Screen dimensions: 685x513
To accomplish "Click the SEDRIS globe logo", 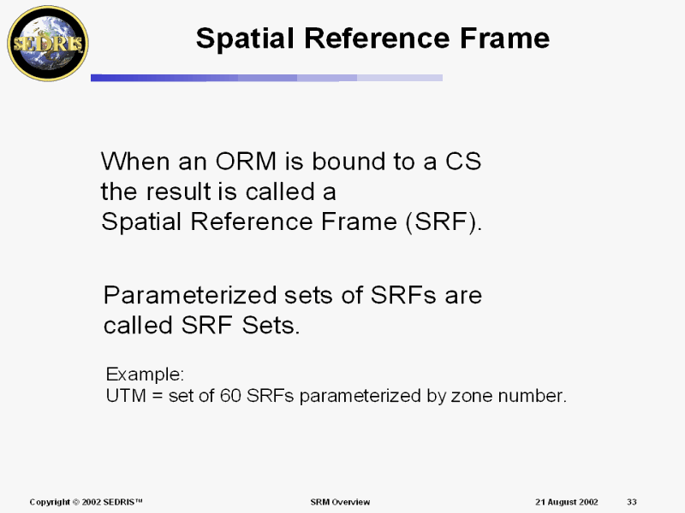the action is click(48, 44).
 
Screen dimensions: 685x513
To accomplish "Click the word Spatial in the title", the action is click(246, 38).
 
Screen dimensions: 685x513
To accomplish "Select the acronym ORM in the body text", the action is click(246, 162).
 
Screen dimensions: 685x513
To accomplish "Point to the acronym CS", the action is click(463, 162).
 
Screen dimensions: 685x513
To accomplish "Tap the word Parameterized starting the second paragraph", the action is click(190, 295).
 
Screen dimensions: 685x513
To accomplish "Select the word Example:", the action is click(145, 374).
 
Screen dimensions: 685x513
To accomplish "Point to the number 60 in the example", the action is click(230, 396).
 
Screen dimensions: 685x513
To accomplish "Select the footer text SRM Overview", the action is click(340, 502).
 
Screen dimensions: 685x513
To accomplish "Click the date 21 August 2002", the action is click(567, 502).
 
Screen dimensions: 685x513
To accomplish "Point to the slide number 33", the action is click(632, 502).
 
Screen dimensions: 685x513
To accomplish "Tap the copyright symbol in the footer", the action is click(75, 502).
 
